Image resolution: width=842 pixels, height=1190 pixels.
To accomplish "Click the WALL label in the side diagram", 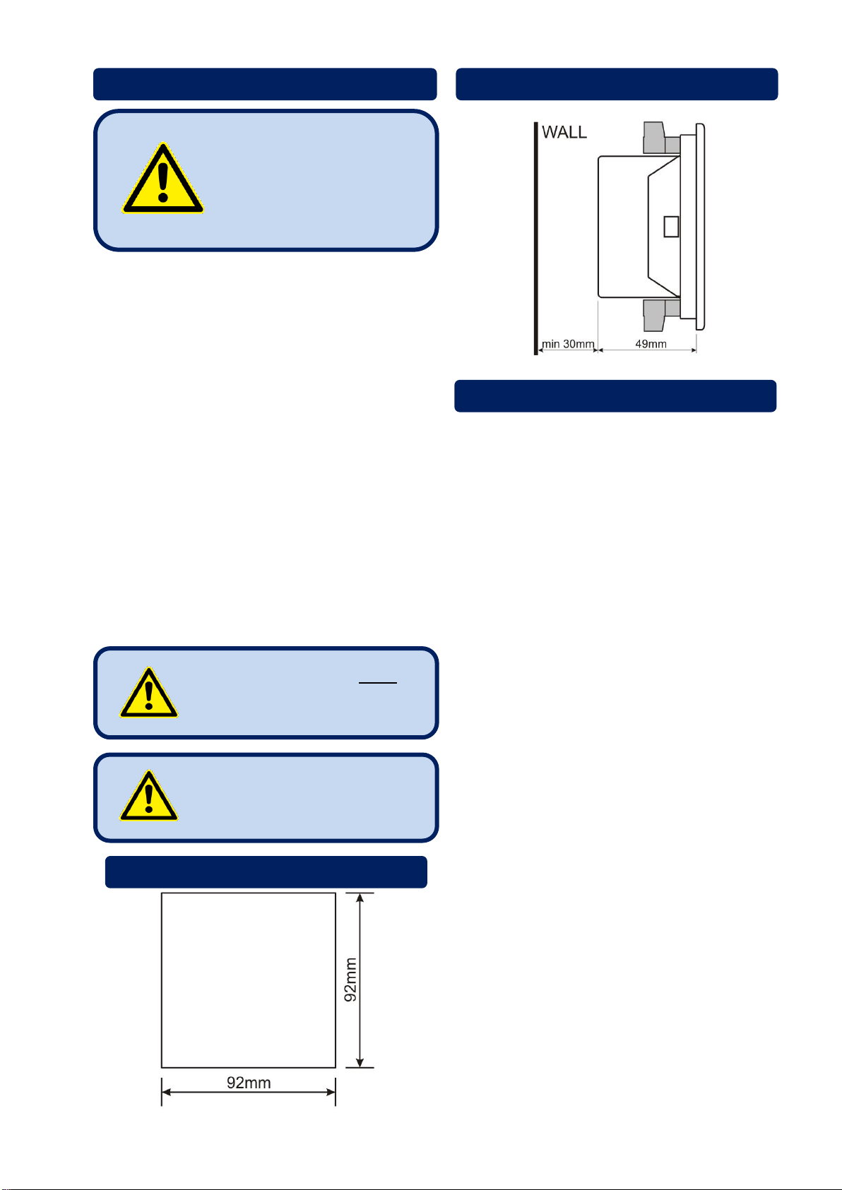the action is click(564, 132).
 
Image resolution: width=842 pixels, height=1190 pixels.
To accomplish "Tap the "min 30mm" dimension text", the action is click(568, 344).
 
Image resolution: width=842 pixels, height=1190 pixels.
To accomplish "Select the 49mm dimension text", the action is click(651, 344).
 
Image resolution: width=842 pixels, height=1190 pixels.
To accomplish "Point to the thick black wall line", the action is click(536, 238).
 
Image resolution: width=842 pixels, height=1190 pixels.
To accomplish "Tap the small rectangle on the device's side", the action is click(671, 227).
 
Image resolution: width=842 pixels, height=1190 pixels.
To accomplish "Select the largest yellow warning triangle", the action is click(162, 179).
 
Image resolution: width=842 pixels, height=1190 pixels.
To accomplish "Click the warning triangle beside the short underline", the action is click(149, 693).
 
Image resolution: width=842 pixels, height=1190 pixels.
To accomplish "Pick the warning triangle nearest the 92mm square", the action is click(149, 796).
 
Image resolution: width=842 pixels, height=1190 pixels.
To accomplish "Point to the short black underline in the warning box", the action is click(378, 683).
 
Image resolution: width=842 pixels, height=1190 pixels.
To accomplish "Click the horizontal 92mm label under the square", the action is click(249, 1082).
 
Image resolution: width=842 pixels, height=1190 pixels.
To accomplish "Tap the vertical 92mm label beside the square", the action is click(350, 980).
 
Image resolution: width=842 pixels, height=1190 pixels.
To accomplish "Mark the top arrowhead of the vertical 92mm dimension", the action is click(360, 898).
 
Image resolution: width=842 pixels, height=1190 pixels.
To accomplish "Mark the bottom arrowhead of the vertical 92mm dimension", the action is click(360, 1062).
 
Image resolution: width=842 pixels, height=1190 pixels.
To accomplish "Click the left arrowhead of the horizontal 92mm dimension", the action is click(166, 1093).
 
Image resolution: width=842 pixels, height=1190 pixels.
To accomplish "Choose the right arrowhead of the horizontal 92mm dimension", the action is click(331, 1093).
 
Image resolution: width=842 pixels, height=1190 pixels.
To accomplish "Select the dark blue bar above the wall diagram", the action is click(617, 84).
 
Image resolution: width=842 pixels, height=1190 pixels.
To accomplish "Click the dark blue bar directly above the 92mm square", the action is click(266, 871).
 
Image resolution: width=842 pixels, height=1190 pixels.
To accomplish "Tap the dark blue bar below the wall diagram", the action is click(615, 395).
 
